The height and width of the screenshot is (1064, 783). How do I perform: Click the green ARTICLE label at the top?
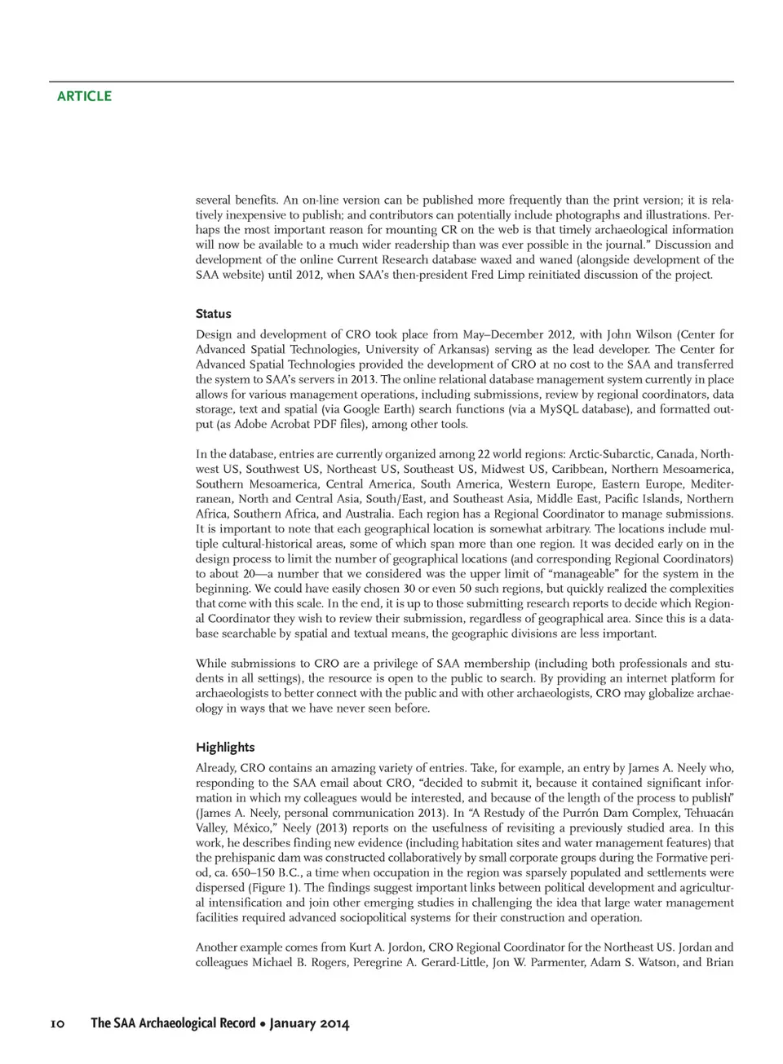(x=84, y=96)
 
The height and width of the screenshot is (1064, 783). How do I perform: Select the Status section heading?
(x=213, y=314)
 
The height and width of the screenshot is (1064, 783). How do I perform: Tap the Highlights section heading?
(x=224, y=748)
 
